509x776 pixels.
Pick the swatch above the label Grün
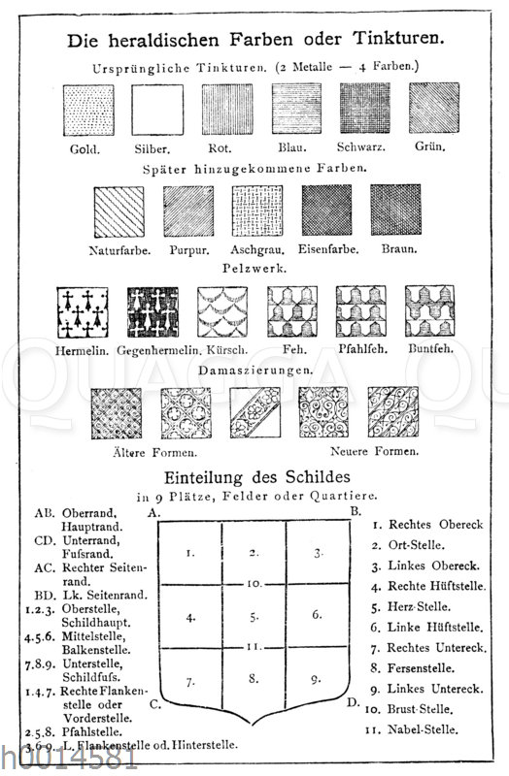tap(433, 108)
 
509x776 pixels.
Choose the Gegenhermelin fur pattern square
tap(152, 311)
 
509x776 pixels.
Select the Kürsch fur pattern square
tap(221, 311)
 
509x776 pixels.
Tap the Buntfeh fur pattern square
tap(429, 311)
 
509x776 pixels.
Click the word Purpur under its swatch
tap(188, 249)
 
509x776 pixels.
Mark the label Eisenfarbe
tap(328, 249)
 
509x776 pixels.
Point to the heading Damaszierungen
tap(255, 371)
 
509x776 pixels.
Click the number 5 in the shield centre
tap(253, 615)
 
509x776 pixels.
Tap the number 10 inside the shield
tap(253, 584)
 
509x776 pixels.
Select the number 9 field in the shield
tap(316, 679)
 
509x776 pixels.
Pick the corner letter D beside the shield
tap(356, 700)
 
